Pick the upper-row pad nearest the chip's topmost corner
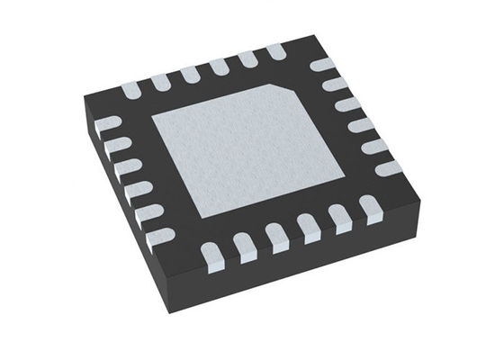(274, 51)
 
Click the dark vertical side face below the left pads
(126, 216)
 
